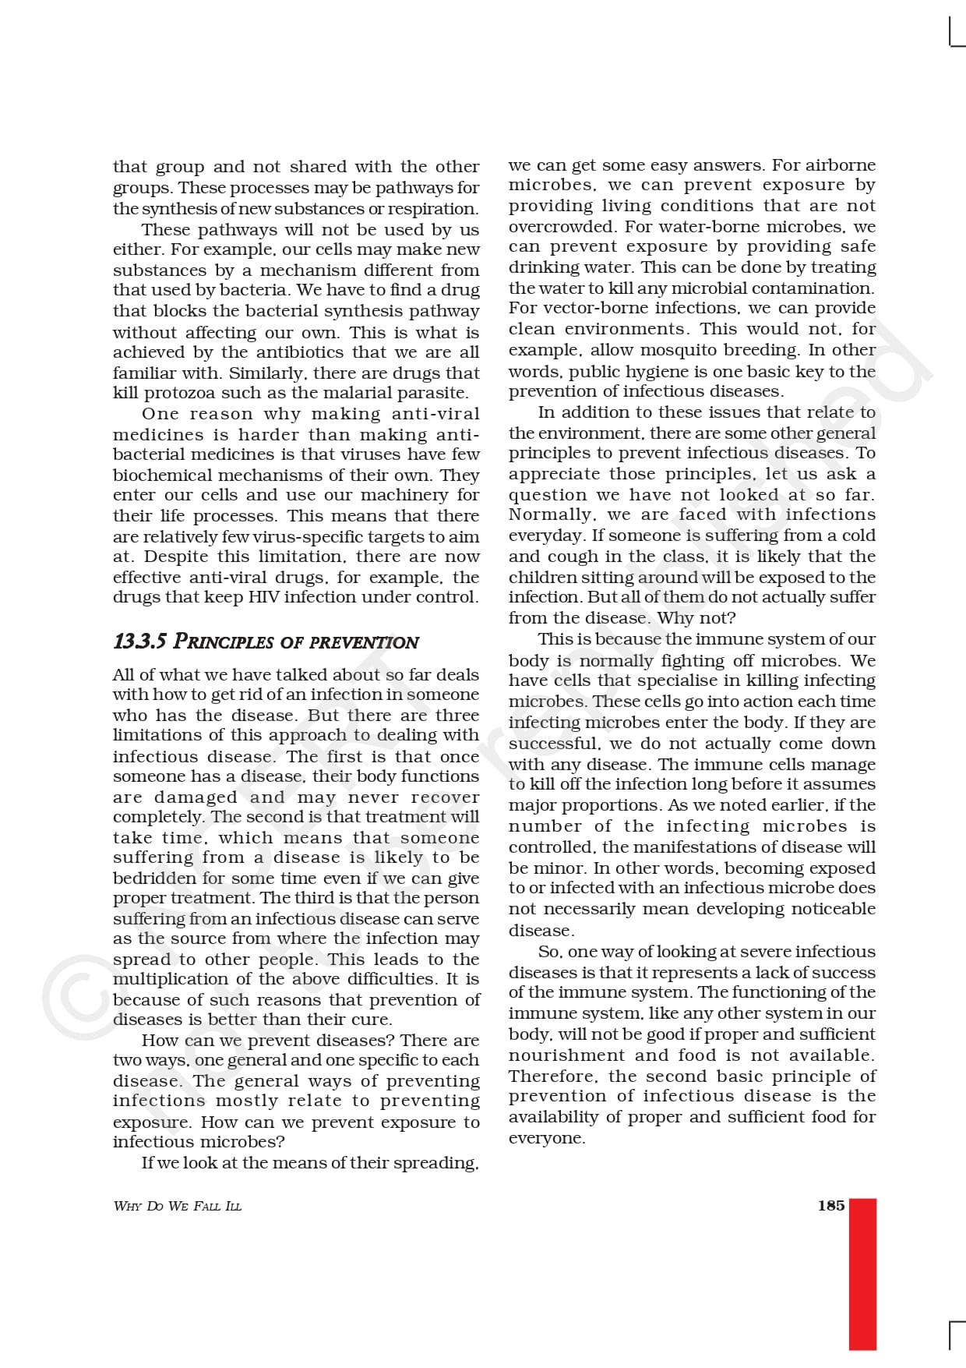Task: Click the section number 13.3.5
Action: pyautogui.click(x=139, y=642)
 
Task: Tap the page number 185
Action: pyautogui.click(x=830, y=1205)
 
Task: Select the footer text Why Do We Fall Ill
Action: pyautogui.click(x=178, y=1206)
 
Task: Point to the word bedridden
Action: pyautogui.click(x=154, y=878)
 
